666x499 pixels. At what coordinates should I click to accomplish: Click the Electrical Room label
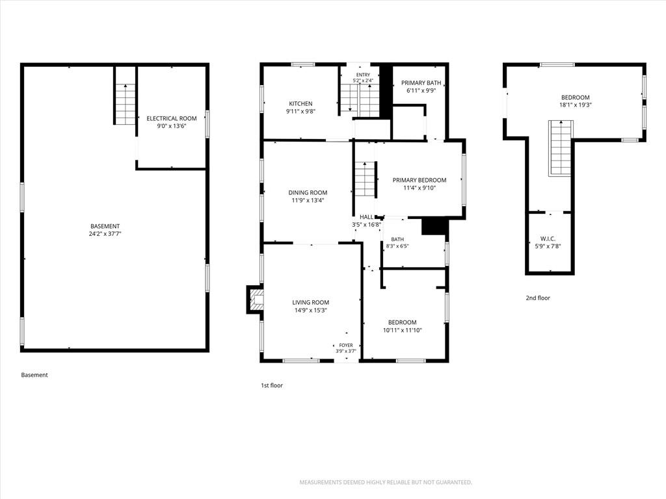pos(172,118)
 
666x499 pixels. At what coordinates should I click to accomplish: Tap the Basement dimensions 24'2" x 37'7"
pos(105,234)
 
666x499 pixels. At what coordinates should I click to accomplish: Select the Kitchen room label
pos(300,103)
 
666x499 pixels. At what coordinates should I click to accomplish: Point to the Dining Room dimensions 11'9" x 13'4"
pos(308,200)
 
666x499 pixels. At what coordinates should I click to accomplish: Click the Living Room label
pos(310,303)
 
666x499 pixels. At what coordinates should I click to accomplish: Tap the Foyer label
pos(346,346)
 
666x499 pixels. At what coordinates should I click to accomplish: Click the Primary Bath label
pos(421,83)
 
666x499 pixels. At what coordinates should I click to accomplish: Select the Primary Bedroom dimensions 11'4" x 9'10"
pos(420,188)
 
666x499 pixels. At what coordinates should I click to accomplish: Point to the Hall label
pos(367,217)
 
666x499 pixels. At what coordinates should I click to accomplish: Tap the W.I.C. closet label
pos(548,239)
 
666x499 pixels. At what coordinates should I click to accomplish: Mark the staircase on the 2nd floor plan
pos(561,147)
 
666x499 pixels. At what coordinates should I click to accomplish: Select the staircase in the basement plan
pos(126,103)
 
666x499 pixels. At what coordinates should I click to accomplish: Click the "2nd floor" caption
pos(538,298)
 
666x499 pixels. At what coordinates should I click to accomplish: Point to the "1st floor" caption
pos(272,385)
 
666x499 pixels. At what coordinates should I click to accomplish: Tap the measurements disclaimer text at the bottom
pos(386,483)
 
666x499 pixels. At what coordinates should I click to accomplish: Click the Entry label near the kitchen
pos(363,75)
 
